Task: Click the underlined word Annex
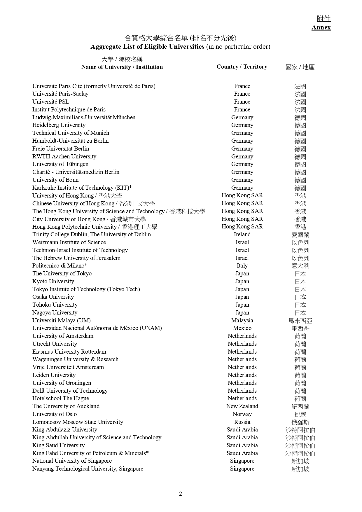(x=321, y=27)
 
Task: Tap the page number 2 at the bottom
(x=181, y=494)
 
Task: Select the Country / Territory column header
(x=242, y=67)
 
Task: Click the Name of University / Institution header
(x=122, y=67)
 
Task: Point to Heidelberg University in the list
(x=59, y=125)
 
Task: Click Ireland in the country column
(x=242, y=235)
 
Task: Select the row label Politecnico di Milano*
(x=60, y=266)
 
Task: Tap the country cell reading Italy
(x=242, y=266)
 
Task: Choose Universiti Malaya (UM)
(x=62, y=320)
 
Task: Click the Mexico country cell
(x=242, y=328)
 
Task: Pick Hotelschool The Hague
(x=61, y=399)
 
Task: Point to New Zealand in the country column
(x=242, y=406)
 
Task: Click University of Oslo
(x=55, y=414)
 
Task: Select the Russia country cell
(x=242, y=422)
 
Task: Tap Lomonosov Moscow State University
(x=78, y=422)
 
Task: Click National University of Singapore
(x=72, y=461)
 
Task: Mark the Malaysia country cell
(x=242, y=320)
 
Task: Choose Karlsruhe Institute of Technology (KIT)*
(x=82, y=188)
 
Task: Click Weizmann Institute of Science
(x=69, y=242)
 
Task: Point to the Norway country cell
(x=242, y=414)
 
